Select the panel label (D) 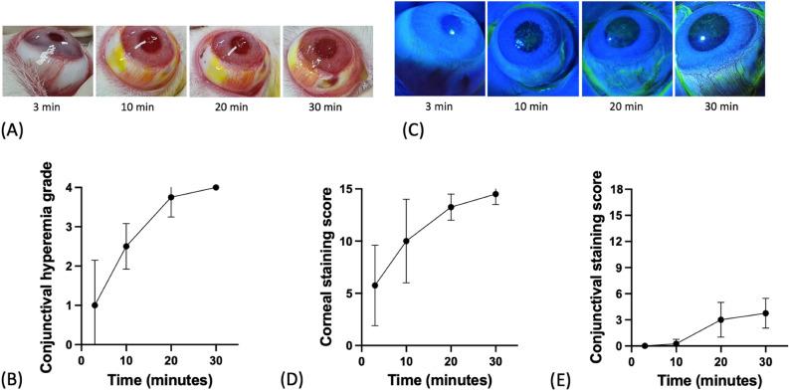coord(334,378)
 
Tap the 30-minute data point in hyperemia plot coord(216,187)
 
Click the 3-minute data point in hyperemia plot coord(95,305)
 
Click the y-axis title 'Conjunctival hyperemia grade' coord(46,263)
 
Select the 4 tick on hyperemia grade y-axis coord(71,188)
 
